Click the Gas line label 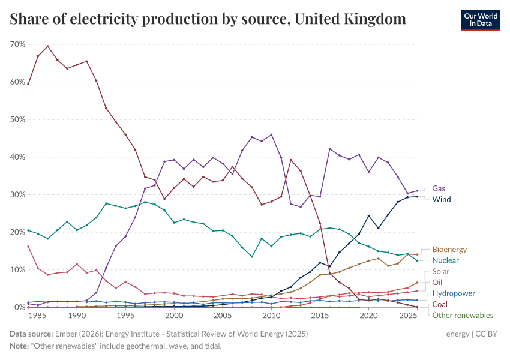439,188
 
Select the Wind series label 441,199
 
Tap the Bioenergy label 449,249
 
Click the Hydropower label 454,293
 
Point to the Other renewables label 463,315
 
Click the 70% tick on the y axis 17,44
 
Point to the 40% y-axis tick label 17,157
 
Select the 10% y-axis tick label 17,270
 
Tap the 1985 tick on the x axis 38,316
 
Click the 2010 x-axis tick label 271,316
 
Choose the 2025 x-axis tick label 407,316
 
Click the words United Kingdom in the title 352,19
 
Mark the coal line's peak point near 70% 48,46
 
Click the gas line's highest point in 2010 271,134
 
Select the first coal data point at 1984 28,84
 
